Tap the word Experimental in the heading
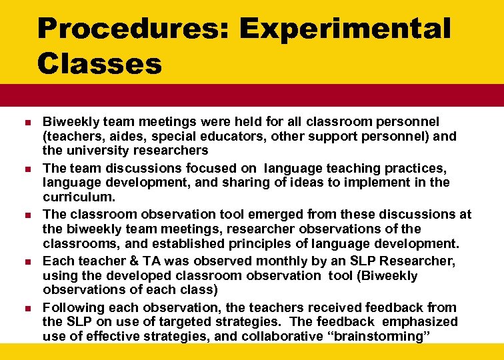(345, 30)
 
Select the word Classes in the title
(100, 65)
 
